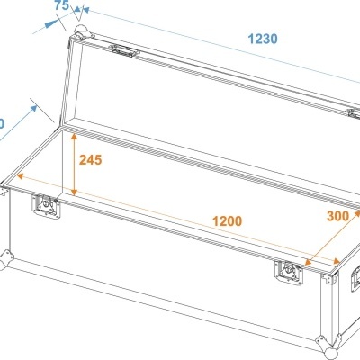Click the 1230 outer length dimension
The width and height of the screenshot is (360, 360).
(263, 40)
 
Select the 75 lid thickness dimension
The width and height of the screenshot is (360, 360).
(61, 6)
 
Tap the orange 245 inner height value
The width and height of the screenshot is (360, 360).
(90, 160)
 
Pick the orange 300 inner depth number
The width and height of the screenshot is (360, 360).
(337, 217)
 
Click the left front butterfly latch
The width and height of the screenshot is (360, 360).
(43, 208)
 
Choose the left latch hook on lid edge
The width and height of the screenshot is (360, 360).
(125, 52)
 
